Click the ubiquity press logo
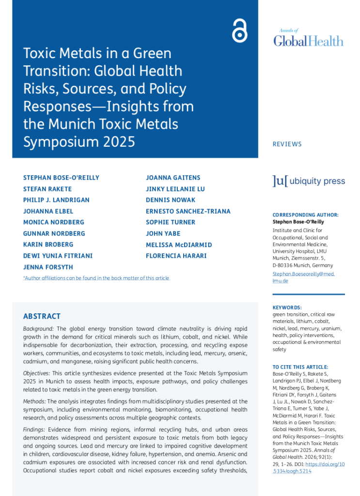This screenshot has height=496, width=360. coord(309,181)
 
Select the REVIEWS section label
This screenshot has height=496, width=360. coord(287,144)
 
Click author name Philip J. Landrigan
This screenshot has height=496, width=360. coord(56,200)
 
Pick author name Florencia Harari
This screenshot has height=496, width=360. coord(176,256)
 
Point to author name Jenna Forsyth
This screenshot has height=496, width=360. coord(47,267)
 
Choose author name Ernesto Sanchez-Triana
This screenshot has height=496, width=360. coord(188,211)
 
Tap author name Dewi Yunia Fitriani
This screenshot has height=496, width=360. coord(58,256)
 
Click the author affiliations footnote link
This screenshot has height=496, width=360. coord(96,278)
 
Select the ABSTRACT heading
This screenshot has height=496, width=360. coord(42,316)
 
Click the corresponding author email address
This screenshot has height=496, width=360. coord(303,277)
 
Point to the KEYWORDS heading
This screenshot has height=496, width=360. coord(287,308)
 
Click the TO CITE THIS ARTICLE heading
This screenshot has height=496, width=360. coord(300,367)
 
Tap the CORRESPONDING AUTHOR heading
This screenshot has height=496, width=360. coord(305,215)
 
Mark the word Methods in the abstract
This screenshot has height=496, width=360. coord(35,402)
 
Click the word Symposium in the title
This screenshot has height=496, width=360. coord(58,142)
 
